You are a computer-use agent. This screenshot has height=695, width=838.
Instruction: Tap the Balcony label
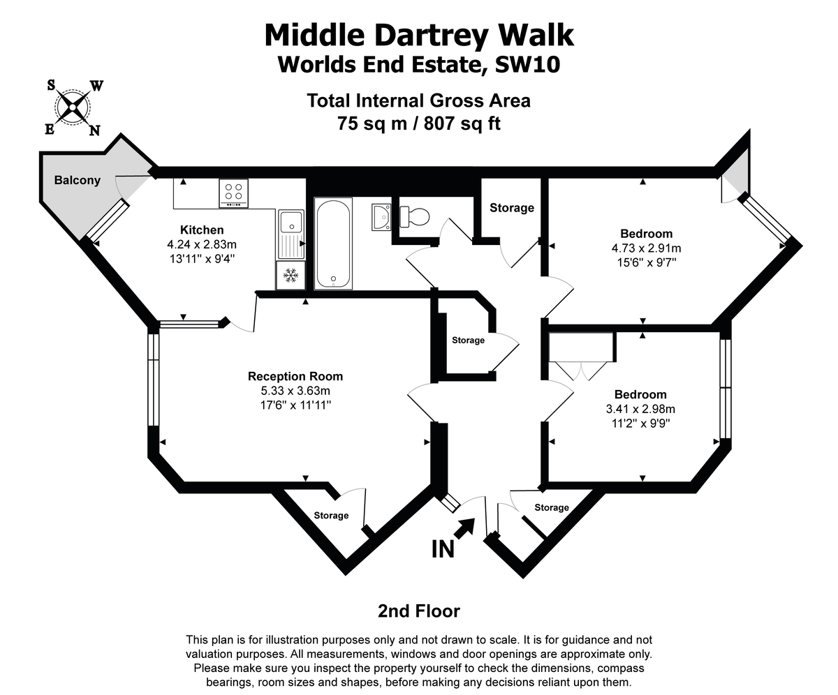point(78,180)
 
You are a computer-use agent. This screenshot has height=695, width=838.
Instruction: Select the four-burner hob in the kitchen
point(233,193)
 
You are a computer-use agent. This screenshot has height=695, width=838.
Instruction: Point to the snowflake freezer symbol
point(291,276)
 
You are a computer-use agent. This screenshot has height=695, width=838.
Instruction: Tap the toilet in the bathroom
point(413,216)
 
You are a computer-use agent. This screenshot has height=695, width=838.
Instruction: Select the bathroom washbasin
point(381,216)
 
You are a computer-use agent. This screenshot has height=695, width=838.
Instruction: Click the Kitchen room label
point(202,230)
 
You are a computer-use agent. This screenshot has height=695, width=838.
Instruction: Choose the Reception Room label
point(295,376)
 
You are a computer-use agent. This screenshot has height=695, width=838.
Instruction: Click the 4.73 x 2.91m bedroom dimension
point(646,248)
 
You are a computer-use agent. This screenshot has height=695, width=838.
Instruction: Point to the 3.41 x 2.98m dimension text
point(640,409)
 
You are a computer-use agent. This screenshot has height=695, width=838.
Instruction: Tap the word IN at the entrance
point(443,549)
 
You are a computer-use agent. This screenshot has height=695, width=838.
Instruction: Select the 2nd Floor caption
point(419,611)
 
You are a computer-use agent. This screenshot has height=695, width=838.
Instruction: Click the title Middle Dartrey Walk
point(419,35)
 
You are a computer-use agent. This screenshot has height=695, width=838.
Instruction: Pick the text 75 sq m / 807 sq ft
point(419,124)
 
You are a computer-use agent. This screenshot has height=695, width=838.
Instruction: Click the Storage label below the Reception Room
point(330,516)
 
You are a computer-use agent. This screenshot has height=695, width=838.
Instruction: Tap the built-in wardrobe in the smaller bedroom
point(581,357)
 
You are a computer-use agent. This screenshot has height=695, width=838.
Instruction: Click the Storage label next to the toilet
point(511,208)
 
